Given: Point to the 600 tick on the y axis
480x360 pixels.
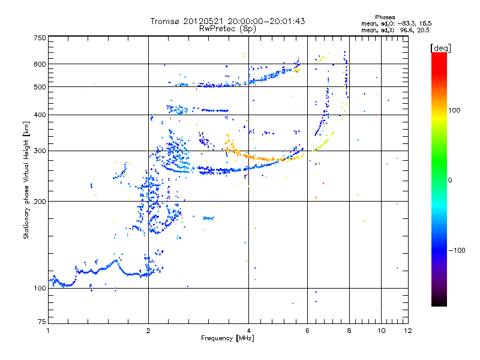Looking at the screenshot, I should click(40, 64).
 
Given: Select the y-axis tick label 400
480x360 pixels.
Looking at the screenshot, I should click(40, 115).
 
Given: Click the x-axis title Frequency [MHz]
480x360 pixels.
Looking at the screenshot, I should click(228, 339).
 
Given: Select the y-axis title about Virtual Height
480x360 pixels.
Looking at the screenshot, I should click(26, 181).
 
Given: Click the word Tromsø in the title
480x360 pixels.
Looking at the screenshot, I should click(166, 21).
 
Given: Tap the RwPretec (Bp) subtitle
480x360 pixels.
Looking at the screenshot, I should click(228, 28).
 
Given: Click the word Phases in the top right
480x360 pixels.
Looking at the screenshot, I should click(385, 17).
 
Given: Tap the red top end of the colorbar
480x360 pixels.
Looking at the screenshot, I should click(439, 55).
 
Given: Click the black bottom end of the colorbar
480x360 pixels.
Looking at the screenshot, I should click(439, 304).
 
